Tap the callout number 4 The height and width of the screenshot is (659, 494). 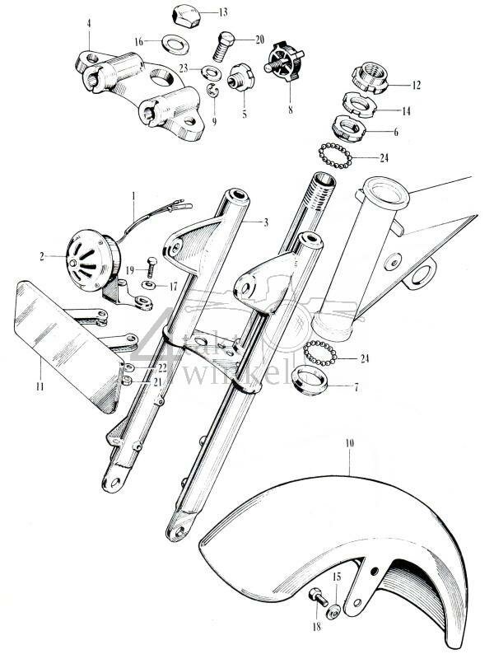click(87, 23)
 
